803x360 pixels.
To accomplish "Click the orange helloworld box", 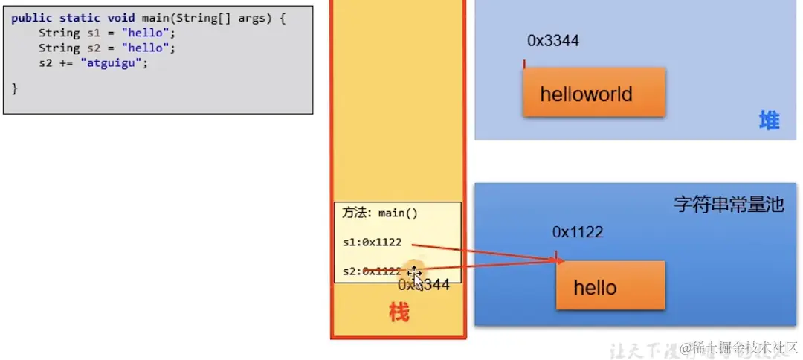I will (x=593, y=94).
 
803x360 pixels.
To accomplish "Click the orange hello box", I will (x=610, y=286).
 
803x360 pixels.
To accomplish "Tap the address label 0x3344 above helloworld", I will (x=552, y=41).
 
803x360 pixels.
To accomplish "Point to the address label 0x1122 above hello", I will (x=577, y=232).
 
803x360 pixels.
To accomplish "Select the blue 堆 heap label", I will (x=769, y=120).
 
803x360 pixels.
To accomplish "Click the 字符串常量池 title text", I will (x=729, y=204).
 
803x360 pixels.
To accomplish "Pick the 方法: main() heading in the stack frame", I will (x=380, y=213).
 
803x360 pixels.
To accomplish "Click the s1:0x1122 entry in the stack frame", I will (x=372, y=242).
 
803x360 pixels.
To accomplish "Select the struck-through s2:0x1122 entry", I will (x=372, y=271).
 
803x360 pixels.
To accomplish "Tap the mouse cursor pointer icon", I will (x=416, y=277).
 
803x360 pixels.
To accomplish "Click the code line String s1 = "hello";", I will (x=107, y=33).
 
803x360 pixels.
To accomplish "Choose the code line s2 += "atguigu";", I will (x=94, y=63).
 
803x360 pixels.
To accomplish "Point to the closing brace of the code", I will (x=15, y=88).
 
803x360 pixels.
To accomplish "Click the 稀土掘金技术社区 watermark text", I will (x=744, y=347).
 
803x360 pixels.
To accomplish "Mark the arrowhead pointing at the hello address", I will (x=560, y=260).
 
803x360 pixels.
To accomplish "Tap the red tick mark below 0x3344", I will (x=525, y=64).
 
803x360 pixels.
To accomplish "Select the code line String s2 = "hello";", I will (x=107, y=48).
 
